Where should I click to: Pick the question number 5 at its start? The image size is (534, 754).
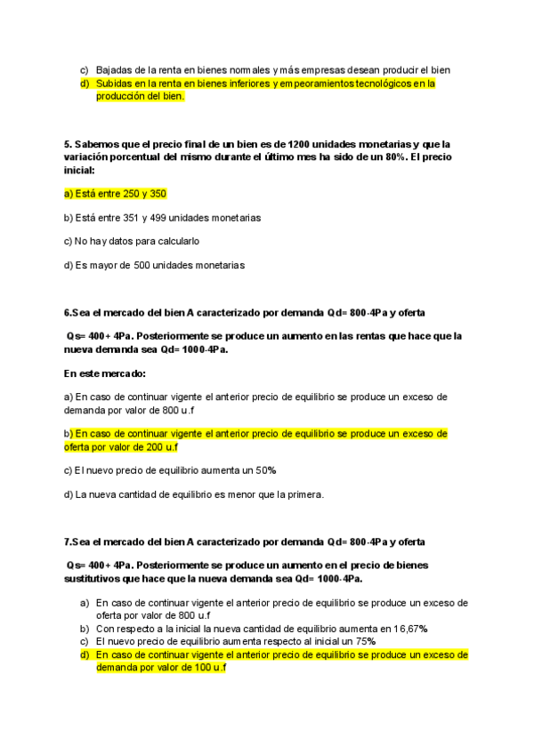pyautogui.click(x=68, y=144)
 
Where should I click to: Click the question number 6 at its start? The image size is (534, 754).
pyautogui.click(x=69, y=313)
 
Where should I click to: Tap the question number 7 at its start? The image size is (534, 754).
pyautogui.click(x=69, y=541)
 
